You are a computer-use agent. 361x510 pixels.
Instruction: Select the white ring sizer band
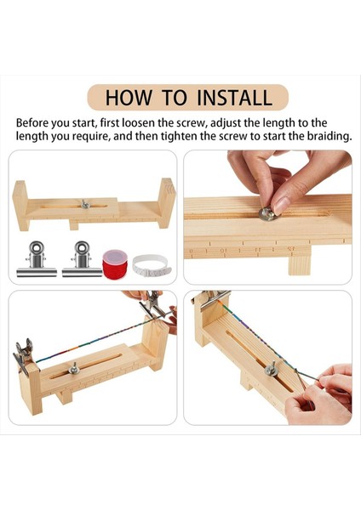point(152,266)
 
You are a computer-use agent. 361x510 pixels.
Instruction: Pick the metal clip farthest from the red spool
point(37,258)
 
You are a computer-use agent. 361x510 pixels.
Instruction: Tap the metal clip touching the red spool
point(82,258)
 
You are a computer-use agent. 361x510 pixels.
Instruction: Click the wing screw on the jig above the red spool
point(86,204)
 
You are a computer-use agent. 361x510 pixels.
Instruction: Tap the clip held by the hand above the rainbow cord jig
point(152,303)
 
